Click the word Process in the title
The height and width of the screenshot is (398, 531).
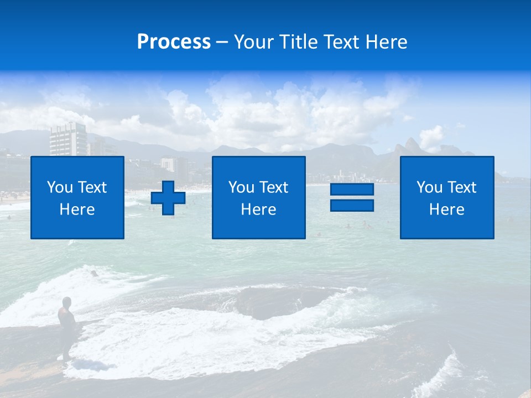(x=174, y=42)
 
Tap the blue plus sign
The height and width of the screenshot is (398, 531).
(x=168, y=198)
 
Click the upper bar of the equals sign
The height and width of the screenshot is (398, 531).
(x=352, y=190)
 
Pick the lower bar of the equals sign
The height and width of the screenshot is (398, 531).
(x=352, y=205)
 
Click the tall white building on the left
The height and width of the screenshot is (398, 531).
(x=68, y=139)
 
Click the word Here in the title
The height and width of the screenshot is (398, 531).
(x=384, y=42)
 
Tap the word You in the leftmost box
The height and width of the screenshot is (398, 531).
(x=60, y=187)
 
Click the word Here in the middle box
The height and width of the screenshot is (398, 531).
(x=258, y=210)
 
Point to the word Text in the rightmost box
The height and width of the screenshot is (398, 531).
(x=463, y=187)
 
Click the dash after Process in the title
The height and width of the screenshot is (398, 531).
(x=222, y=42)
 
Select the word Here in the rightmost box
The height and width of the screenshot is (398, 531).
(x=447, y=210)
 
